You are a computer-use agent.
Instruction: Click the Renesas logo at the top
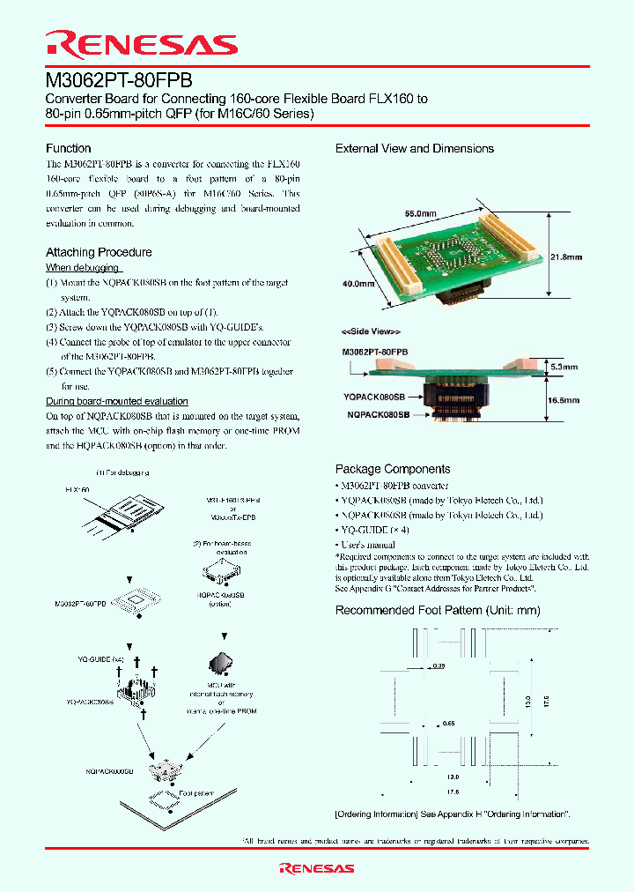(x=141, y=45)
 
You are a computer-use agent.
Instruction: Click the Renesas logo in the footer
(x=317, y=868)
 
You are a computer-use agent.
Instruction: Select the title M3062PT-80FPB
(x=119, y=79)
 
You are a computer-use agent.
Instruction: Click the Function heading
(x=68, y=148)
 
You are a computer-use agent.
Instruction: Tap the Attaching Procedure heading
(x=99, y=252)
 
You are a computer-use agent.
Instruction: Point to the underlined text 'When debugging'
(x=83, y=267)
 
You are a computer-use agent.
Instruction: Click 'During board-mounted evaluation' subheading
(x=117, y=401)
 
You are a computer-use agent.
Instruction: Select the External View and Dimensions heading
(x=415, y=148)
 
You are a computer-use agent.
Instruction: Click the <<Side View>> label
(x=371, y=331)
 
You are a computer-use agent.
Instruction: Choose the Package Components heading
(x=393, y=469)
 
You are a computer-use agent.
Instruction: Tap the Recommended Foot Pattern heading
(x=438, y=610)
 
